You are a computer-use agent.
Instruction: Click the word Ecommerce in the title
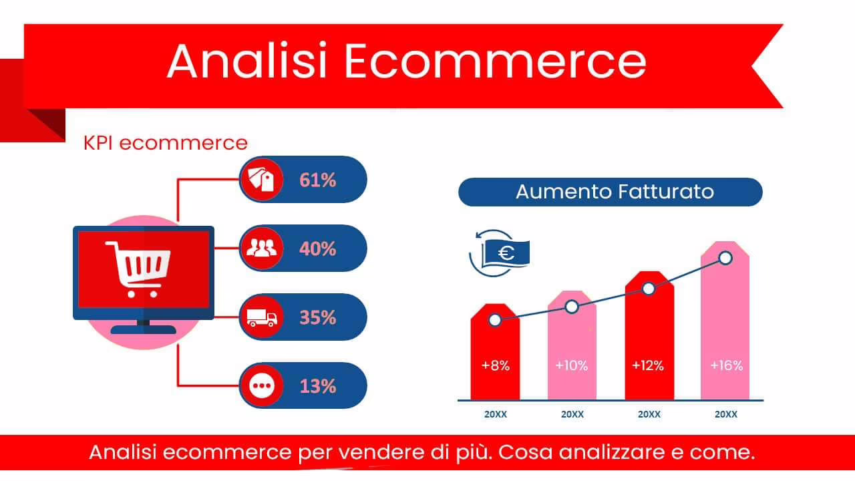pyautogui.click(x=495, y=61)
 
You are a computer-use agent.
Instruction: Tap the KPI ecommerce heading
pyautogui.click(x=165, y=142)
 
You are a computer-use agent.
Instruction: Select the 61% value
pyautogui.click(x=318, y=180)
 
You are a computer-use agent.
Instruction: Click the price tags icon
pyautogui.click(x=262, y=179)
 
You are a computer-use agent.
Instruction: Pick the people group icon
pyautogui.click(x=262, y=248)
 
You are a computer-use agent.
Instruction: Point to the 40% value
pyautogui.click(x=318, y=249)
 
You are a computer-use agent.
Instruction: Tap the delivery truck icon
pyautogui.click(x=262, y=317)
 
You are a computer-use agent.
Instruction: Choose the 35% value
pyautogui.click(x=318, y=317)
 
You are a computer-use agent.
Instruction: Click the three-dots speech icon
pyautogui.click(x=262, y=386)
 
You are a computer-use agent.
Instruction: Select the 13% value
pyautogui.click(x=318, y=386)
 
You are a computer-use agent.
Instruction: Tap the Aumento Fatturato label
pyautogui.click(x=615, y=192)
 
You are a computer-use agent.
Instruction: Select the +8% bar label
pyautogui.click(x=495, y=365)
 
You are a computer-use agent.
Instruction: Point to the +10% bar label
pyautogui.click(x=572, y=365)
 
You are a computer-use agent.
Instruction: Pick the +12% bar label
pyautogui.click(x=648, y=365)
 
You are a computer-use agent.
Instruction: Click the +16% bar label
pyautogui.click(x=726, y=365)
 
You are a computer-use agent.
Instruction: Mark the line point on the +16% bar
pyautogui.click(x=725, y=258)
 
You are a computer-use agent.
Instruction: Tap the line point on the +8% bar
pyautogui.click(x=495, y=320)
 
